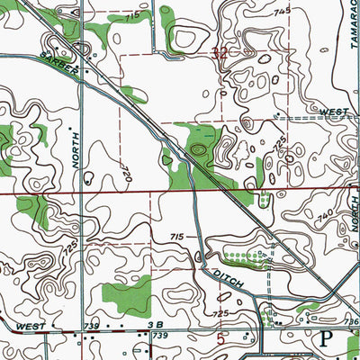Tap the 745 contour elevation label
283,10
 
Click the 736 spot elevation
351,321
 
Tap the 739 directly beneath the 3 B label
160,335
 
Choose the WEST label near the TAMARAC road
334,112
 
